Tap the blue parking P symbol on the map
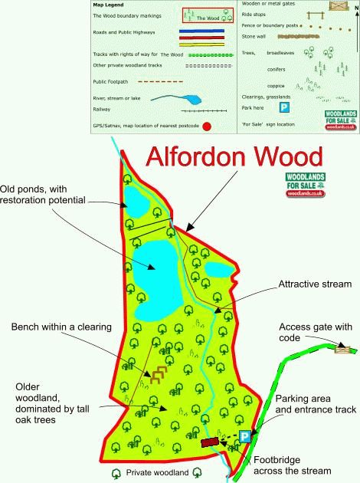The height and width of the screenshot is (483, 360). tap(244, 436)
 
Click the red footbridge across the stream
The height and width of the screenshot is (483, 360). tap(210, 442)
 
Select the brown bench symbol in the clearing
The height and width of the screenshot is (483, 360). tap(158, 375)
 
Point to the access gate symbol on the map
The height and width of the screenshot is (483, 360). tap(343, 348)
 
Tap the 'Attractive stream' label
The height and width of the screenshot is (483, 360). tap(315, 284)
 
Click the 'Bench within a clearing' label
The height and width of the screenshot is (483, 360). tap(61, 327)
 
